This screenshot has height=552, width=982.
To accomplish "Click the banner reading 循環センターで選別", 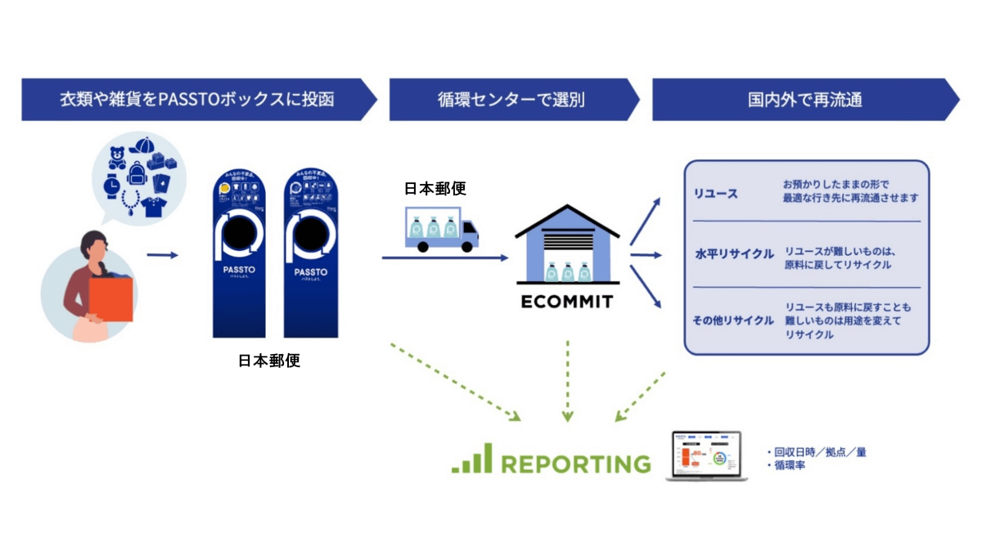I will click(511, 100).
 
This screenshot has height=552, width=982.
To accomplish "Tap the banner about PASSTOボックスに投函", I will click(196, 100).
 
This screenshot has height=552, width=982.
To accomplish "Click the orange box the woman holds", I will click(110, 299).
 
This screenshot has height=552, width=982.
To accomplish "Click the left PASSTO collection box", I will click(239, 254).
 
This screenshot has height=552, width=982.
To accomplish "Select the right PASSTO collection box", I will click(311, 254).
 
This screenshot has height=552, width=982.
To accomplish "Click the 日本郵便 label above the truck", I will click(435, 188).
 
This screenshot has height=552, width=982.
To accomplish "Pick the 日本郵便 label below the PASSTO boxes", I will click(269, 360).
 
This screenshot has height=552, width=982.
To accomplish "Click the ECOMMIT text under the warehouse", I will click(566, 302).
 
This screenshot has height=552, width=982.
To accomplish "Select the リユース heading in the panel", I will click(716, 194).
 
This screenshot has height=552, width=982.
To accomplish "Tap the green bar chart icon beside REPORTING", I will click(472, 459).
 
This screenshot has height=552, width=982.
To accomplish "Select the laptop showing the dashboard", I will click(706, 456).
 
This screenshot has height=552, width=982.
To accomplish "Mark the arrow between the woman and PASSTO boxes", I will click(163, 255).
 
